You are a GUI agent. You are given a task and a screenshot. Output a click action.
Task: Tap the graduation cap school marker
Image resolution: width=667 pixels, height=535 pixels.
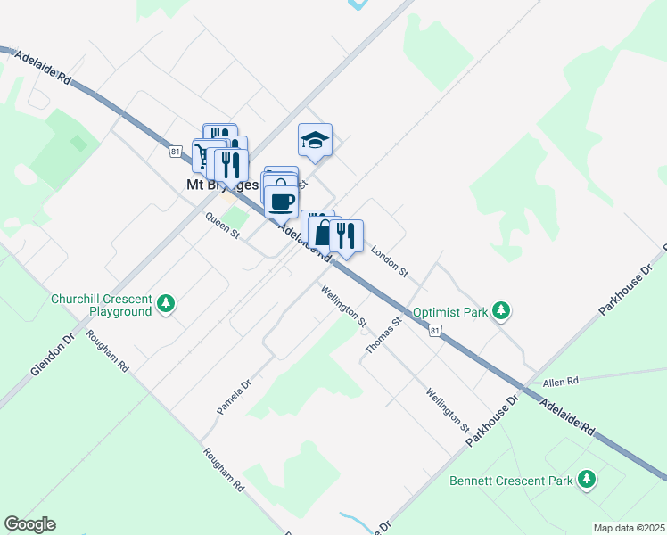(x=315, y=141)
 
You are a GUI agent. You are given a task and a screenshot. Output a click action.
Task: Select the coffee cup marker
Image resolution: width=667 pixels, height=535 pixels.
(x=282, y=201)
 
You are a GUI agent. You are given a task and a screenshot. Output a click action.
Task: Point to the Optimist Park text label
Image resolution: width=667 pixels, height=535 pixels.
(x=449, y=313)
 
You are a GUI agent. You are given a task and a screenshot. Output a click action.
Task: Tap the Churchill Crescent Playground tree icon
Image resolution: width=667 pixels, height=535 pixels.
(x=166, y=305)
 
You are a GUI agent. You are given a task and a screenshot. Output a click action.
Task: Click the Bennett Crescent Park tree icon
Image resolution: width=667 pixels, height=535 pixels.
(x=587, y=480)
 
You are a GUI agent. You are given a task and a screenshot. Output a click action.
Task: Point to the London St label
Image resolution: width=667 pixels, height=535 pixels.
(x=389, y=259)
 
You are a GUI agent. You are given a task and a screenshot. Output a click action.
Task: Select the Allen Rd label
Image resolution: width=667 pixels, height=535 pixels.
(x=561, y=381)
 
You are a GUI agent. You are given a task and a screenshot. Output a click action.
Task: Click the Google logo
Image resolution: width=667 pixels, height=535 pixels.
(x=29, y=524)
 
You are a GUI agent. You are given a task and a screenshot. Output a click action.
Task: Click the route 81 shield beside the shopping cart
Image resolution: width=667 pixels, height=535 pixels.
(x=176, y=152)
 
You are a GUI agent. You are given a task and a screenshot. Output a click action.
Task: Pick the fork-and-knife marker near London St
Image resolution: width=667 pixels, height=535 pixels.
(x=346, y=236)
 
